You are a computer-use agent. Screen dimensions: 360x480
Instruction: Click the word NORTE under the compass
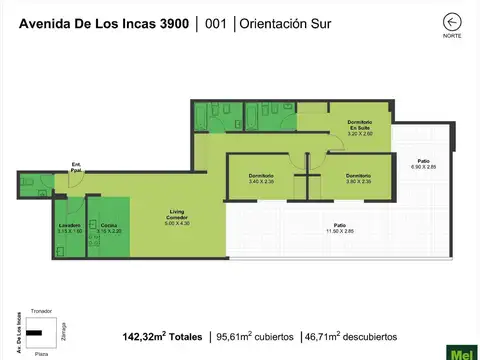[x=453, y=36]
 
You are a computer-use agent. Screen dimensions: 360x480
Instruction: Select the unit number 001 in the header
[x=215, y=23]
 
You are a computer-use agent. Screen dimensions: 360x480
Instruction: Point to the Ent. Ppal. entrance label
[x=77, y=168]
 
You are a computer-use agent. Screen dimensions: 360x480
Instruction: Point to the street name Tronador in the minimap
[x=41, y=311]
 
